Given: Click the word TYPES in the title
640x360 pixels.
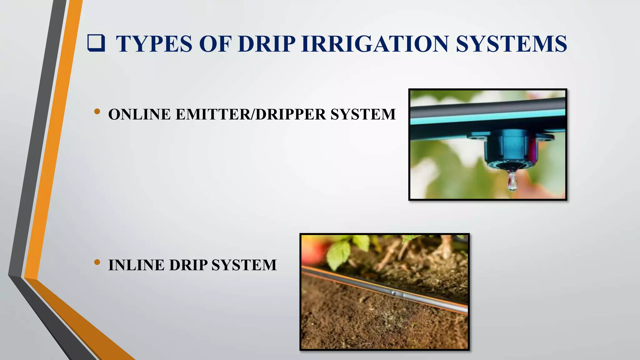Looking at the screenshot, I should pos(154,44).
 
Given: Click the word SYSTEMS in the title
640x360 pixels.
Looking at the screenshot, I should pos(511,44).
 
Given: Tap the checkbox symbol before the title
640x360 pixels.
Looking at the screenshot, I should pos(96,43).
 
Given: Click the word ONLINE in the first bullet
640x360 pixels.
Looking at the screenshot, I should pos(139,114).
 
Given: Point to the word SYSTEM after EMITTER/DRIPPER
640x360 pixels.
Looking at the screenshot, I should pos(363,114).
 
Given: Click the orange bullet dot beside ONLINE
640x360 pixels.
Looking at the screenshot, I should pos(97,112).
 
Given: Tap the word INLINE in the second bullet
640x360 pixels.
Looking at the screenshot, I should pos(136,265).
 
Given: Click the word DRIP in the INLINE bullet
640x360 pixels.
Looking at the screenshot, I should pos(188,265).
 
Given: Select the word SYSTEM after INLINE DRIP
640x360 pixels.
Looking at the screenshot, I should pos(244,265).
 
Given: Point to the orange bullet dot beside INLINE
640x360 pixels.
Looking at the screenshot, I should pos(97,262).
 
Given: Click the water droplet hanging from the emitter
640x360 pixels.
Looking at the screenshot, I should pos(512,182).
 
